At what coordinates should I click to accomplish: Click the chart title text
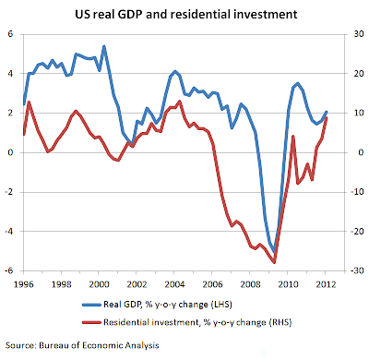click(x=186, y=15)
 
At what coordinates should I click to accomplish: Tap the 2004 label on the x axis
click(x=174, y=284)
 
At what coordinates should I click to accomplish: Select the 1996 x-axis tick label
click(x=24, y=284)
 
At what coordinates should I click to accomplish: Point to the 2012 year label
click(x=326, y=284)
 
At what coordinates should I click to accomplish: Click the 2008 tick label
click(x=250, y=284)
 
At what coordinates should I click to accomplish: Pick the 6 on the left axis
click(x=11, y=34)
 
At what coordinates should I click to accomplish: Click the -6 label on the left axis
click(x=9, y=270)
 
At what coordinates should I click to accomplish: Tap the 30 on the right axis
click(x=359, y=34)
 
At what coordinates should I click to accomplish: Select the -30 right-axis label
click(x=357, y=270)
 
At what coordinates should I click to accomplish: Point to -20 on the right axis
click(x=357, y=231)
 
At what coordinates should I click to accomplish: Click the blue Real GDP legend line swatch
click(x=91, y=305)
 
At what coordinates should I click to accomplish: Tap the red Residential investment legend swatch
click(x=91, y=322)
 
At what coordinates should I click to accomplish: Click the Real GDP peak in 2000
click(x=104, y=46)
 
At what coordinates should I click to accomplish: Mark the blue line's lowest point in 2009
click(x=274, y=252)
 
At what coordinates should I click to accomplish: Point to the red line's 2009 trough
click(x=275, y=262)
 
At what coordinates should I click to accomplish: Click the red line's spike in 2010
click(x=293, y=136)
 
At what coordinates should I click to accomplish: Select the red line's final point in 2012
click(x=327, y=117)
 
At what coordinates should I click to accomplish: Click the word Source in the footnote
click(x=20, y=345)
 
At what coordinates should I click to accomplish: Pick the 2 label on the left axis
click(x=11, y=113)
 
